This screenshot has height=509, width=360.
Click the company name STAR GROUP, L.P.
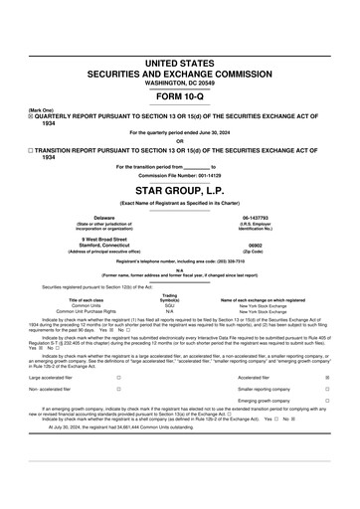click(179, 189)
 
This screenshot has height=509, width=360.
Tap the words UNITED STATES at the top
click(179, 63)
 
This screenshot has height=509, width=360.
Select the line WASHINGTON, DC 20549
click(179, 83)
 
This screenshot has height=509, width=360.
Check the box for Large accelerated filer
click(118, 350)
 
